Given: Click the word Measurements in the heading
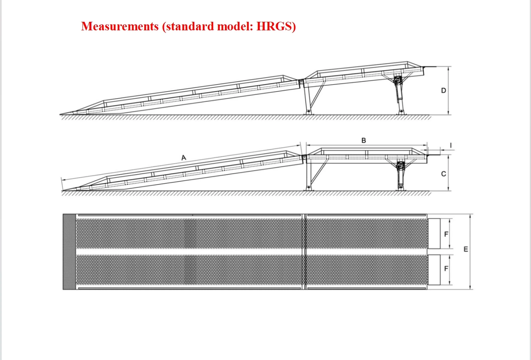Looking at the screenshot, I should click(120, 27).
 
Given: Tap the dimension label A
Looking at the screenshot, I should click(184, 158).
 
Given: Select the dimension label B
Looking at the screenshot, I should click(363, 141).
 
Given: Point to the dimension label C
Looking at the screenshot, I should click(444, 174).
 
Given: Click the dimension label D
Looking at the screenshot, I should click(444, 90).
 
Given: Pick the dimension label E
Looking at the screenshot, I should click(466, 249).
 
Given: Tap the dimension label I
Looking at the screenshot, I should click(451, 145).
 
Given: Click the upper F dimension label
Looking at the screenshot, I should click(446, 234).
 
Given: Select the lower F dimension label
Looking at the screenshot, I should click(446, 269).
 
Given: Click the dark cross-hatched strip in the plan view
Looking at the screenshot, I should click(69, 252).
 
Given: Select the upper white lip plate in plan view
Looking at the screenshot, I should click(434, 233).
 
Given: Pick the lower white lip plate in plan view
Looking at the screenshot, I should click(434, 270).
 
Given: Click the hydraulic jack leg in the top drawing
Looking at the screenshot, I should click(399, 94).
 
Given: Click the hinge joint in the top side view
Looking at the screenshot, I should click(301, 81).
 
